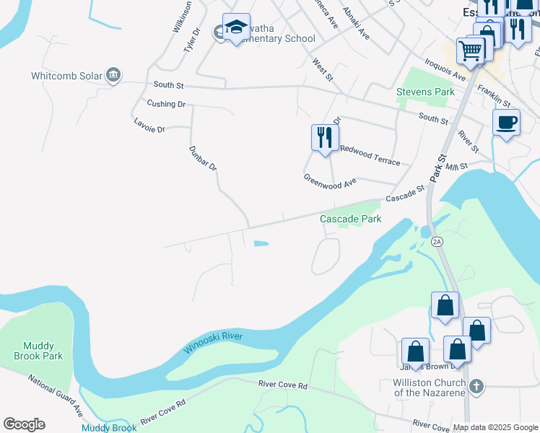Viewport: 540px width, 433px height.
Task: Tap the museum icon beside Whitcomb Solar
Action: [113, 75]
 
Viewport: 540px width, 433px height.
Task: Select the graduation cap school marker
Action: [236, 28]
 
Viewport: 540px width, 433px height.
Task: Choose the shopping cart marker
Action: [471, 52]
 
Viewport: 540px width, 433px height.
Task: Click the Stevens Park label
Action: [425, 92]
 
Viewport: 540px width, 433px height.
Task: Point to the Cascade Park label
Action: [350, 219]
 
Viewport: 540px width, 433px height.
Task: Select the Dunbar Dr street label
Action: [203, 158]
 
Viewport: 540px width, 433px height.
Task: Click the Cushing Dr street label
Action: [166, 104]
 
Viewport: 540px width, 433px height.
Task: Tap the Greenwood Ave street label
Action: [330, 181]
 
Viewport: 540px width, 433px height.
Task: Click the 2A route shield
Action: [436, 240]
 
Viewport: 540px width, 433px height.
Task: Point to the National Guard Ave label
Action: [56, 395]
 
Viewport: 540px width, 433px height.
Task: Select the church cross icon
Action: [475, 387]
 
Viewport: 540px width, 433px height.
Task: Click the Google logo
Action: [25, 424]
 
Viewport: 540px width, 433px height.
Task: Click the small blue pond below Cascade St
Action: [260, 244]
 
